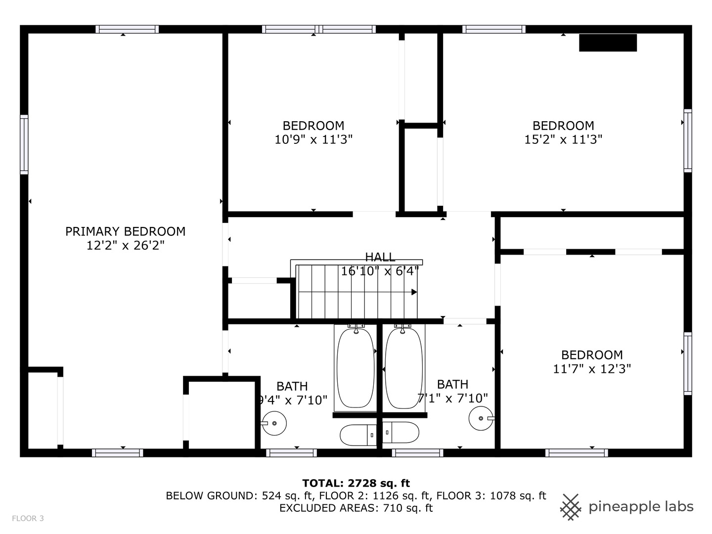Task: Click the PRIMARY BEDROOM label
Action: click(125, 231)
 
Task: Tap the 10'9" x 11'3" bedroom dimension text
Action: click(313, 140)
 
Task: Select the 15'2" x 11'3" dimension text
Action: click(563, 140)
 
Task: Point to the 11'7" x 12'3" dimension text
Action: click(592, 369)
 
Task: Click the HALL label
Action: click(380, 257)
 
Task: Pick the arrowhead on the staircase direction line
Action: click(414, 292)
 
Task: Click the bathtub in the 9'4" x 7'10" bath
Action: click(356, 368)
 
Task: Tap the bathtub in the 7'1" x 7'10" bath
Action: click(403, 368)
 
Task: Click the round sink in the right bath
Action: click(481, 419)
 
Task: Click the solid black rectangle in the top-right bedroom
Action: click(608, 43)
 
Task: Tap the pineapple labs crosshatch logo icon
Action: click(571, 507)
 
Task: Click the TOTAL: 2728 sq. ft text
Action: click(356, 483)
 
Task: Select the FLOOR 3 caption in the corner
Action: click(28, 518)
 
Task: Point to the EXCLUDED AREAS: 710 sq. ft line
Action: click(356, 508)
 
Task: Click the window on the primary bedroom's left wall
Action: click(24, 144)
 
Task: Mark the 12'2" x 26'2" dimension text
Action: click(125, 245)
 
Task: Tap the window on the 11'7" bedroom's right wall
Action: click(687, 363)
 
